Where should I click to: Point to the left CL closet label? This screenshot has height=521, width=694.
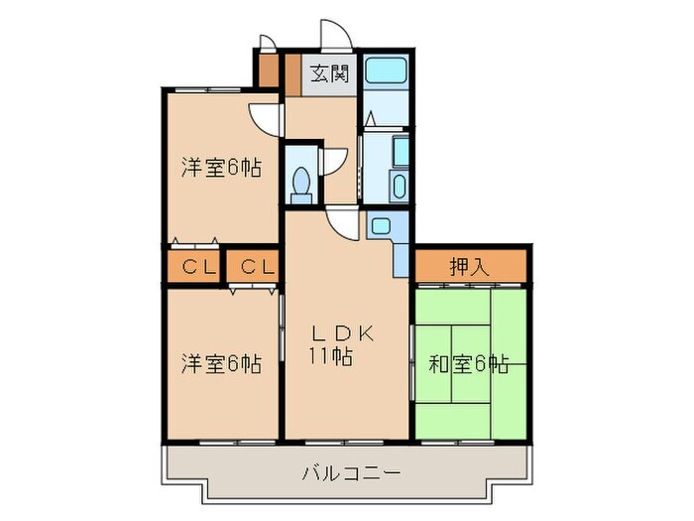(x=193, y=266)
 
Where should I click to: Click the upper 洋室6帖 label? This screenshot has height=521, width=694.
(x=220, y=168)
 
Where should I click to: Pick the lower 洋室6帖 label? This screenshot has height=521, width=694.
(x=220, y=364)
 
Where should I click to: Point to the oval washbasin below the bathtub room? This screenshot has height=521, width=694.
(x=399, y=186)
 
